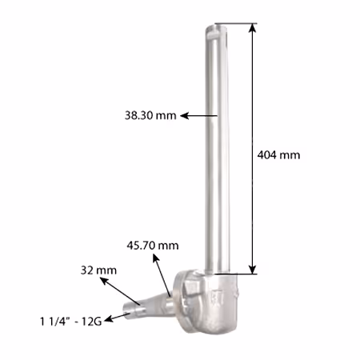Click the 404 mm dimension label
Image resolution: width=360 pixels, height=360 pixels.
278,155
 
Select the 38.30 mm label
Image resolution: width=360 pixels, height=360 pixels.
150,115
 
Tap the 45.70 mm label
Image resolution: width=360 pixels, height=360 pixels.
153,246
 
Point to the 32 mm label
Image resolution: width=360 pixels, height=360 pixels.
98,270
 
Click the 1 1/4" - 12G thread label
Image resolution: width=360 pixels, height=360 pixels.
71,322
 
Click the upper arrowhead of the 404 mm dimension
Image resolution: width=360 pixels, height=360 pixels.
253,28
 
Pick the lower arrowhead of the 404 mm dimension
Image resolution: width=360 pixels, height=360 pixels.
253,270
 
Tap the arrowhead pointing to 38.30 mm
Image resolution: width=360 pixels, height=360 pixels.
185,116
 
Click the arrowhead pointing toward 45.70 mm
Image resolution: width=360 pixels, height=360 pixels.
156,258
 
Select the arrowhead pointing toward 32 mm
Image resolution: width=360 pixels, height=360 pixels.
104,281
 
